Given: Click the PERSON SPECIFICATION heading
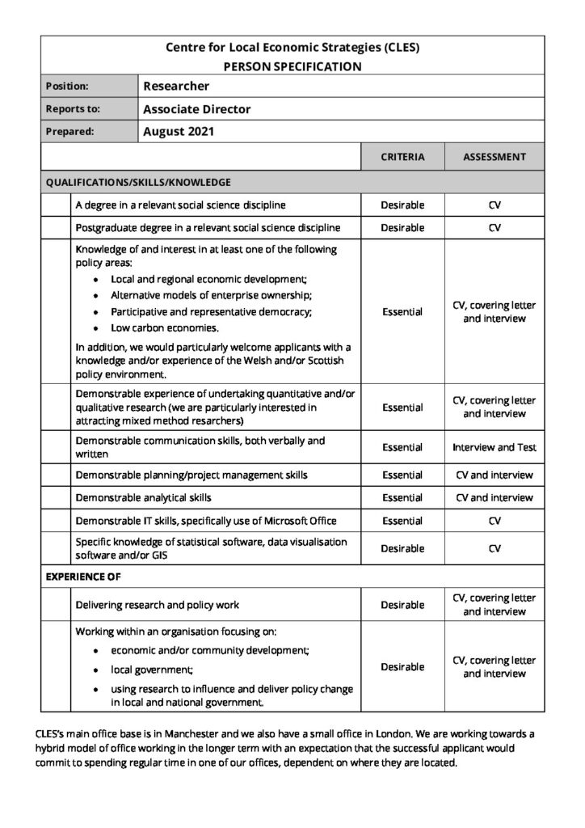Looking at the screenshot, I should pos(292,66).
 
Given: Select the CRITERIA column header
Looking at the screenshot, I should pos(402,157).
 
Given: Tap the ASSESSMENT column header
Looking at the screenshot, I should pos(495,157).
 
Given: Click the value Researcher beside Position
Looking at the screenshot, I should pos(176,86).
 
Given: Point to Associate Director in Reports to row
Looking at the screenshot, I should pos(196,108).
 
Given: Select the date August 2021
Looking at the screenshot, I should pos(178,131).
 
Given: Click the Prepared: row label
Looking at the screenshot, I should pos(70,131).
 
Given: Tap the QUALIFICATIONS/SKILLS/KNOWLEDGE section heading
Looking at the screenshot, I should pos(138,182).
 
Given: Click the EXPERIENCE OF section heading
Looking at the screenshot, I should pos(83,577).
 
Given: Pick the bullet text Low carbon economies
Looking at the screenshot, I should pos(165,328).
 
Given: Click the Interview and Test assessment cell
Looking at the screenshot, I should pos(495,447).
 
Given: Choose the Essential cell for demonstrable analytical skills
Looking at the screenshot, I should pos(402,497).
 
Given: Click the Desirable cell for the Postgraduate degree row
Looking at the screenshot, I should pos(402,228).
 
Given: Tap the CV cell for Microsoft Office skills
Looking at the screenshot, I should pos(495,521).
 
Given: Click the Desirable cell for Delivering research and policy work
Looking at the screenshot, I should pos(402,605).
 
